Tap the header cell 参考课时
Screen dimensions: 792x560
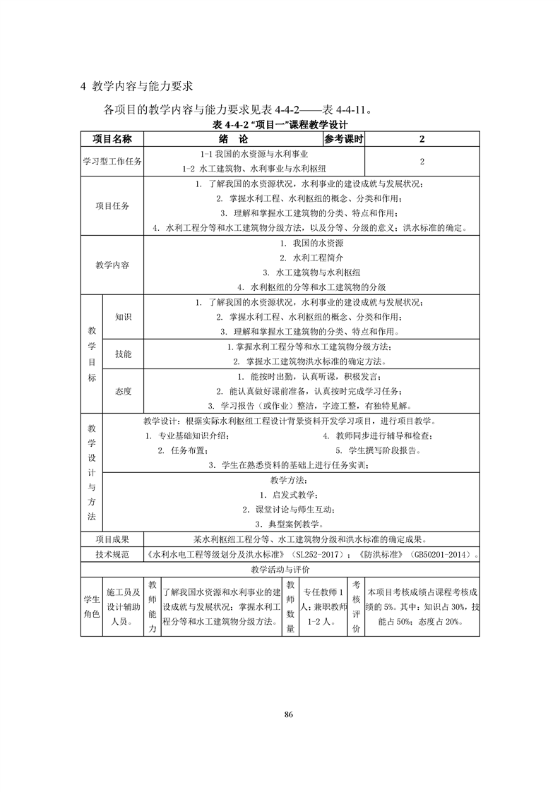[344, 138]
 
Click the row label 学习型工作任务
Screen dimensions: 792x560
[112, 162]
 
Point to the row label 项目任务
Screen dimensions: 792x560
[112, 206]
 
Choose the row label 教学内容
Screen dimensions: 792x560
[112, 265]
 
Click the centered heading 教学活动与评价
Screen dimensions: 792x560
[280, 569]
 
